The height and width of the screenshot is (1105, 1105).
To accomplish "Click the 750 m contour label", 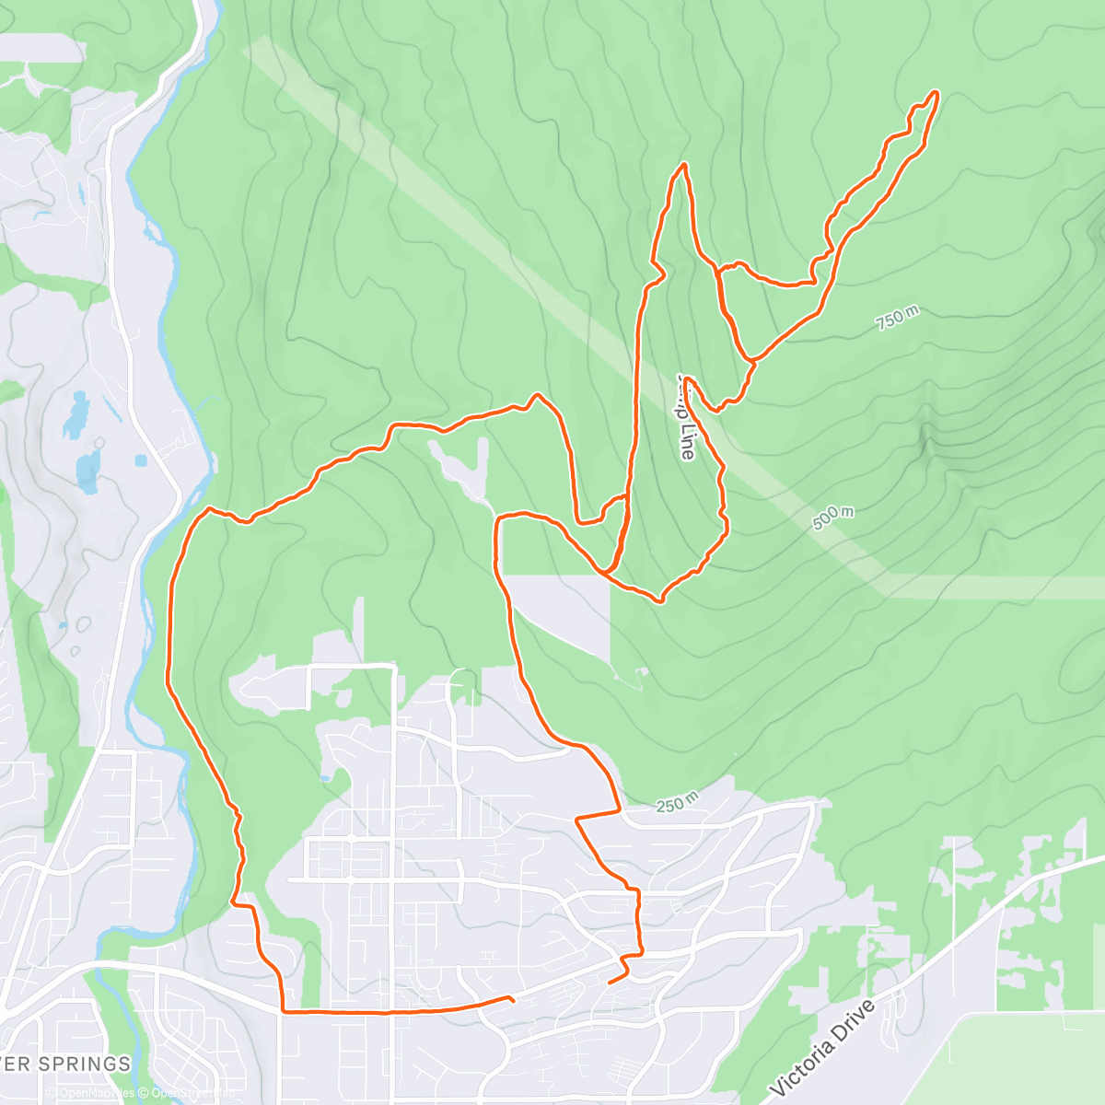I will click(x=897, y=319).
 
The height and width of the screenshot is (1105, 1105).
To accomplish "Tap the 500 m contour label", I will click(x=832, y=518).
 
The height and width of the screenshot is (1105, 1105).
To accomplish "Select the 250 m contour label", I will click(x=677, y=803).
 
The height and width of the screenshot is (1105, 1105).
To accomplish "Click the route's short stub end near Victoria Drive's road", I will click(x=611, y=983).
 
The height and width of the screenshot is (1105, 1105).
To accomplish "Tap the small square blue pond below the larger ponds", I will click(x=140, y=459).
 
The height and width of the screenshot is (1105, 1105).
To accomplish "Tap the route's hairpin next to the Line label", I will click(x=687, y=379).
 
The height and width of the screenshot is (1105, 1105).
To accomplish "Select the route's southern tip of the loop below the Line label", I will click(x=659, y=600).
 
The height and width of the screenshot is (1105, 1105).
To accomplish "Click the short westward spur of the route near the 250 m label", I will click(x=577, y=818).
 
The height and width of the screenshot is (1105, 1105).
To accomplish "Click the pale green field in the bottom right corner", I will click(x=1022, y=1059).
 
